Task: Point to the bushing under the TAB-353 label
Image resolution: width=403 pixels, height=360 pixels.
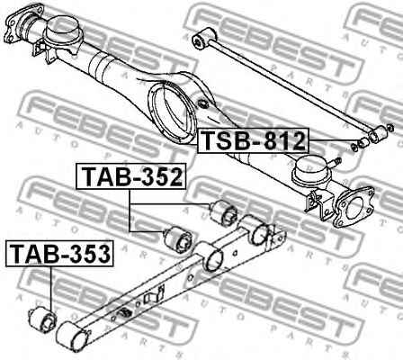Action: click(43, 319)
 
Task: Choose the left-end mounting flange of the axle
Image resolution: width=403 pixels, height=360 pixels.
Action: click(31, 21)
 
